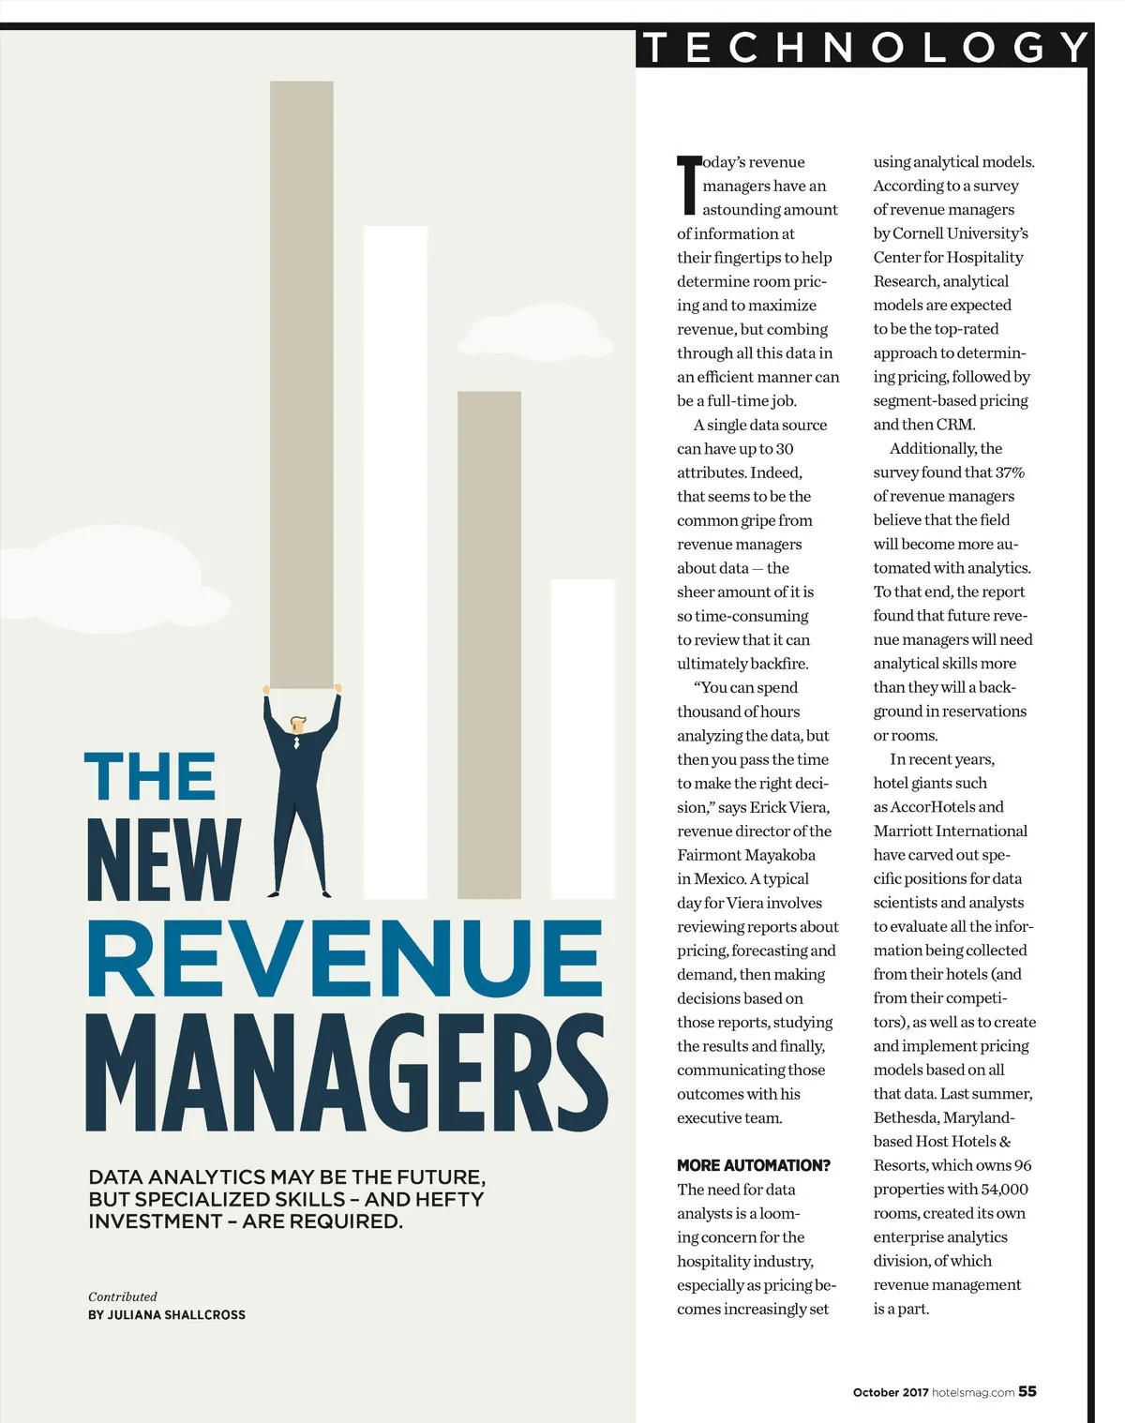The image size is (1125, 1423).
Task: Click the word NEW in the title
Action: point(164,860)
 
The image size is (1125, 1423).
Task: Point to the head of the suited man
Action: point(298,725)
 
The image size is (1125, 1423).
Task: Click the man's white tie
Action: point(297,742)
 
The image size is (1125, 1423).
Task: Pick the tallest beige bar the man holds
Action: point(301,384)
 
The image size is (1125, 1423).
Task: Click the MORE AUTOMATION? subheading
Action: point(754,1165)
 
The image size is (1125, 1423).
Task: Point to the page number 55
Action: point(1027,1391)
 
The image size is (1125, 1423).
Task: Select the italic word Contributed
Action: point(123,1296)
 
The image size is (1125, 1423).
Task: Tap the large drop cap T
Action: point(689,185)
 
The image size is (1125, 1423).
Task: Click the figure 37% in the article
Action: point(1010,472)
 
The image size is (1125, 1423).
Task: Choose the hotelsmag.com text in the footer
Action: point(973,1392)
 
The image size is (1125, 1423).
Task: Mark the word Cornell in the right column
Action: point(919,233)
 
